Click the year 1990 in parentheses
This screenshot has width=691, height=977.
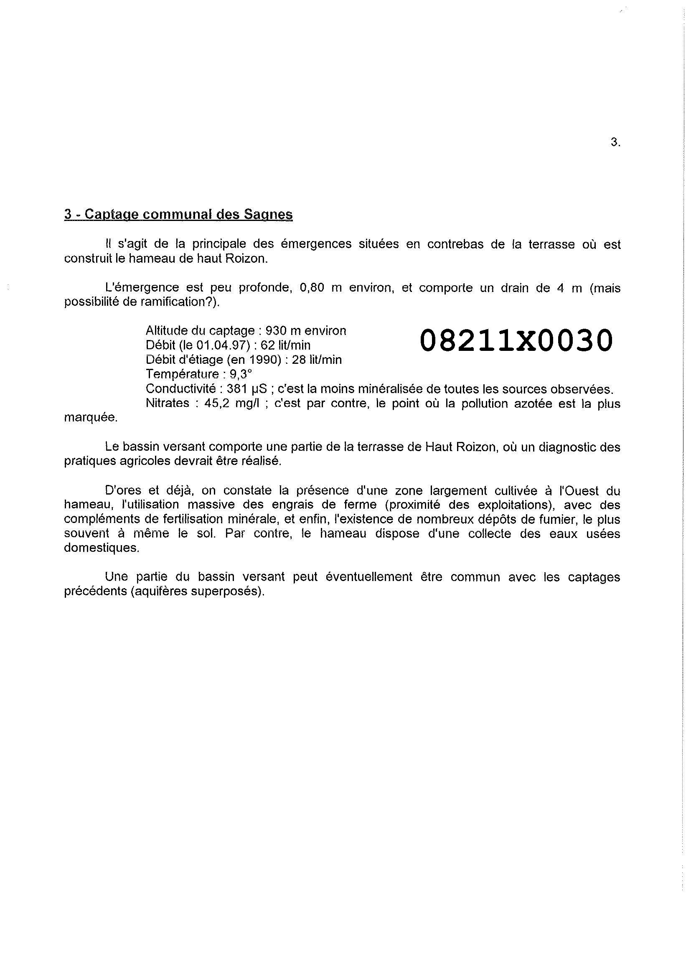pos(262,360)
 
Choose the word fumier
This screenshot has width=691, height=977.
pos(538,520)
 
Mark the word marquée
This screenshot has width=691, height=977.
pos(91,417)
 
